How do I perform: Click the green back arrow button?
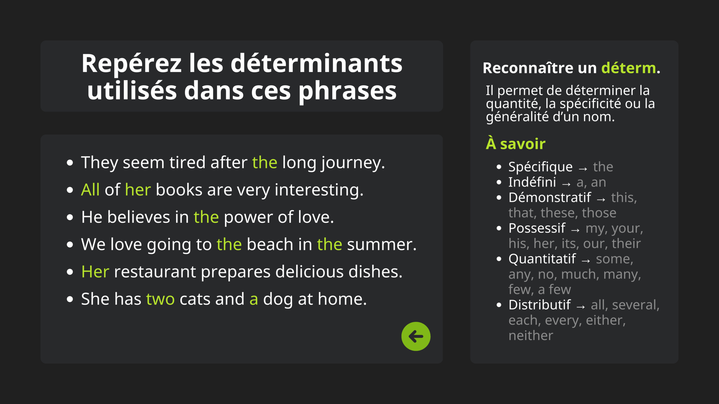pyautogui.click(x=416, y=336)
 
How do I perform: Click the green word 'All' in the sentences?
pyautogui.click(x=90, y=190)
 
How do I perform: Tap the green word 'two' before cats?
pyautogui.click(x=160, y=299)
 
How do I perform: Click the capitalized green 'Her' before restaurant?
pyautogui.click(x=95, y=272)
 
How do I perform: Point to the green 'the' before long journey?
pyautogui.click(x=265, y=162)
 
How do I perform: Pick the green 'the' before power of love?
pyautogui.click(x=206, y=217)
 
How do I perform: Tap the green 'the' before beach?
pyautogui.click(x=229, y=244)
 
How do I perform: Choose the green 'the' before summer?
pyautogui.click(x=329, y=244)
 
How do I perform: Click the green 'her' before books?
pyautogui.click(x=138, y=190)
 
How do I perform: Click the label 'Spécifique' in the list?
pyautogui.click(x=540, y=167)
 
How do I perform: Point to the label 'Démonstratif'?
pyautogui.click(x=550, y=197)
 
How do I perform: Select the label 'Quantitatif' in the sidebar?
pyautogui.click(x=542, y=259)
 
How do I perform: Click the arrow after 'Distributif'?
pyautogui.click(x=581, y=307)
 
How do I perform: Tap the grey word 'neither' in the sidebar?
pyautogui.click(x=531, y=336)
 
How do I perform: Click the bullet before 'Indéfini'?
pyautogui.click(x=499, y=182)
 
